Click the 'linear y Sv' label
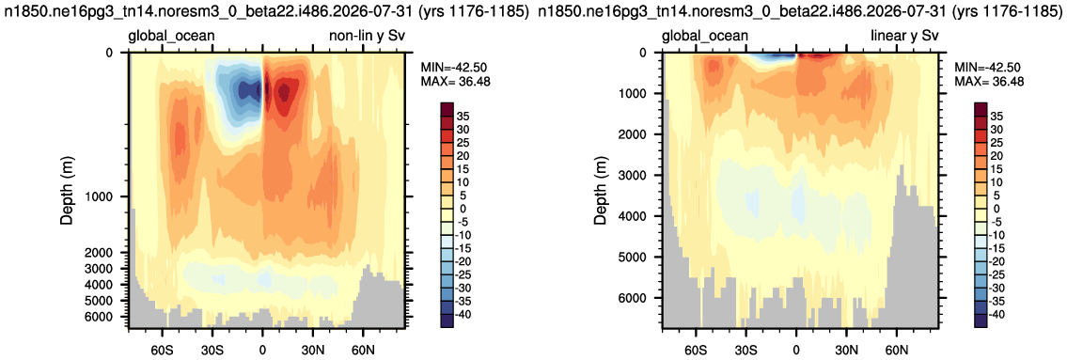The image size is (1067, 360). (903, 36)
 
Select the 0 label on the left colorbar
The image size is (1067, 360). (466, 209)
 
